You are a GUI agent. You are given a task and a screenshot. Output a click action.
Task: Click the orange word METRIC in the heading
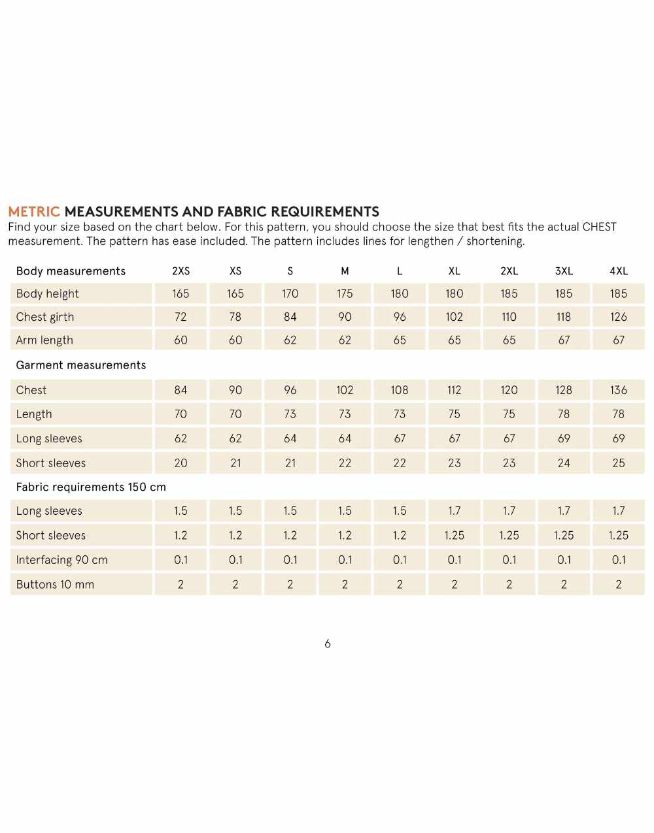pos(34,212)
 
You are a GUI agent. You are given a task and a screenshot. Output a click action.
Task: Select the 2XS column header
pos(181,271)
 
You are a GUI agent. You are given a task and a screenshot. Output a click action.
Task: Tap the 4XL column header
pos(619,271)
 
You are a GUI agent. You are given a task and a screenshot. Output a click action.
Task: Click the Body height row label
pos(47,294)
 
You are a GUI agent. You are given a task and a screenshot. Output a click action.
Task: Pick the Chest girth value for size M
pos(345,317)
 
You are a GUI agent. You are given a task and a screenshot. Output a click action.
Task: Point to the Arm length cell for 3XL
pos(564,340)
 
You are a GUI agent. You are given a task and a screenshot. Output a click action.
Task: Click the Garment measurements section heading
pos(81,365)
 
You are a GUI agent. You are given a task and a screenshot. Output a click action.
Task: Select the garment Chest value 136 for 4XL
pos(619,390)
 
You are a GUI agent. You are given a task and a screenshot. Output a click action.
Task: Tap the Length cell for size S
pos(290,414)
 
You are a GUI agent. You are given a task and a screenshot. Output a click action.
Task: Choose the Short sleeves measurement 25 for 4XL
pos(619,463)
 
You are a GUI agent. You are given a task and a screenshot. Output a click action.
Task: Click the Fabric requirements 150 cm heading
pos(91,487)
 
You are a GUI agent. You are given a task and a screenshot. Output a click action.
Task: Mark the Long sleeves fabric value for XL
pos(455,511)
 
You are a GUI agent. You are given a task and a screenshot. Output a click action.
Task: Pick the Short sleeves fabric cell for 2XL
pos(509,536)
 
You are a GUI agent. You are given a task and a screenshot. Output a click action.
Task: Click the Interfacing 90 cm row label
pos(62,560)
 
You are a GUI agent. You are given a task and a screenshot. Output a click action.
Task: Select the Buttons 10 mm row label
pos(55,585)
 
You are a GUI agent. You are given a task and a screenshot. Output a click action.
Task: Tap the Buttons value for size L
pos(400,585)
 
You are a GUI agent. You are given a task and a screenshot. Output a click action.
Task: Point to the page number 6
pos(328,644)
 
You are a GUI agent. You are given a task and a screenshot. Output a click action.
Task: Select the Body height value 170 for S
pos(290,294)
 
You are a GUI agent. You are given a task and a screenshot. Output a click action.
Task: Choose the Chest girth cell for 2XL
pos(509,317)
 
